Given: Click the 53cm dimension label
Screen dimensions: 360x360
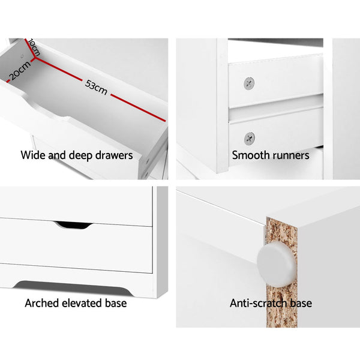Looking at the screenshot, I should [96, 88].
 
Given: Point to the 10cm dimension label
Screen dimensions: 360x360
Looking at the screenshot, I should [33, 48].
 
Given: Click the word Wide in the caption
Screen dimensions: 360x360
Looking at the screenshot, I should [33, 156].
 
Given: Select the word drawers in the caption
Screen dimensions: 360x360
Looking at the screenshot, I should [113, 156].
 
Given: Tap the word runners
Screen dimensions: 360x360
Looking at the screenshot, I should [290, 156].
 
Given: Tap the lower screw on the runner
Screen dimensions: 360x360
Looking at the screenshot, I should [248, 138].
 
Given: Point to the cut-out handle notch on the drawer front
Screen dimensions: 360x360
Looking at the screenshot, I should [73, 225].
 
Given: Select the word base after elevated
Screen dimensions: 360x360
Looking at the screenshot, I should [115, 303].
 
